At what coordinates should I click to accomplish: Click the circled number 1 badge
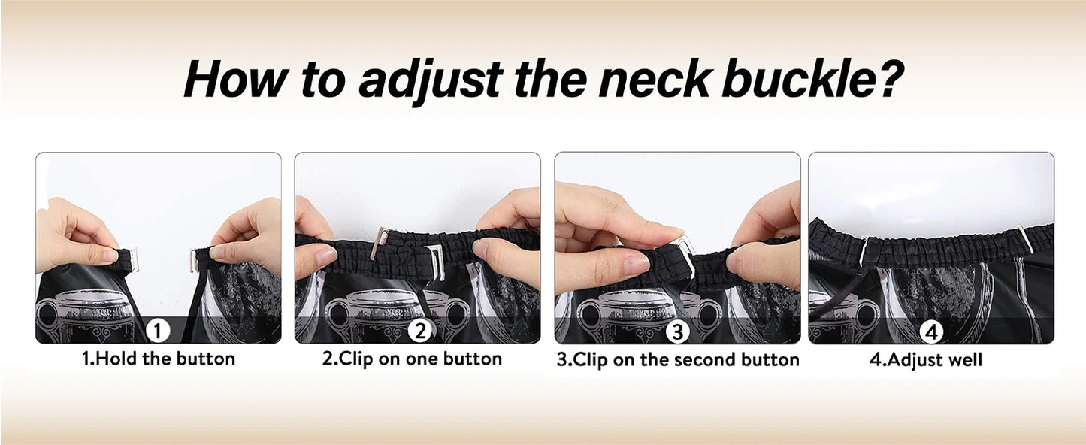coord(158,331)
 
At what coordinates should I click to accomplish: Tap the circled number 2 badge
coord(419,331)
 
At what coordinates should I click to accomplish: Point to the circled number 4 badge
coord(931,332)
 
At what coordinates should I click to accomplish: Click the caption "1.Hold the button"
coord(159,359)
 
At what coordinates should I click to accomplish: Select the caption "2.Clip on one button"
coord(412,359)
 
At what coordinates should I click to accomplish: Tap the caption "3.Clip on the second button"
coord(678,360)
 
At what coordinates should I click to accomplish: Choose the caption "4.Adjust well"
coord(926,360)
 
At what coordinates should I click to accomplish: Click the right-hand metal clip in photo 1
coord(195,259)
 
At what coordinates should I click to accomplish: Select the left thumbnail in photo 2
coord(326,254)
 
